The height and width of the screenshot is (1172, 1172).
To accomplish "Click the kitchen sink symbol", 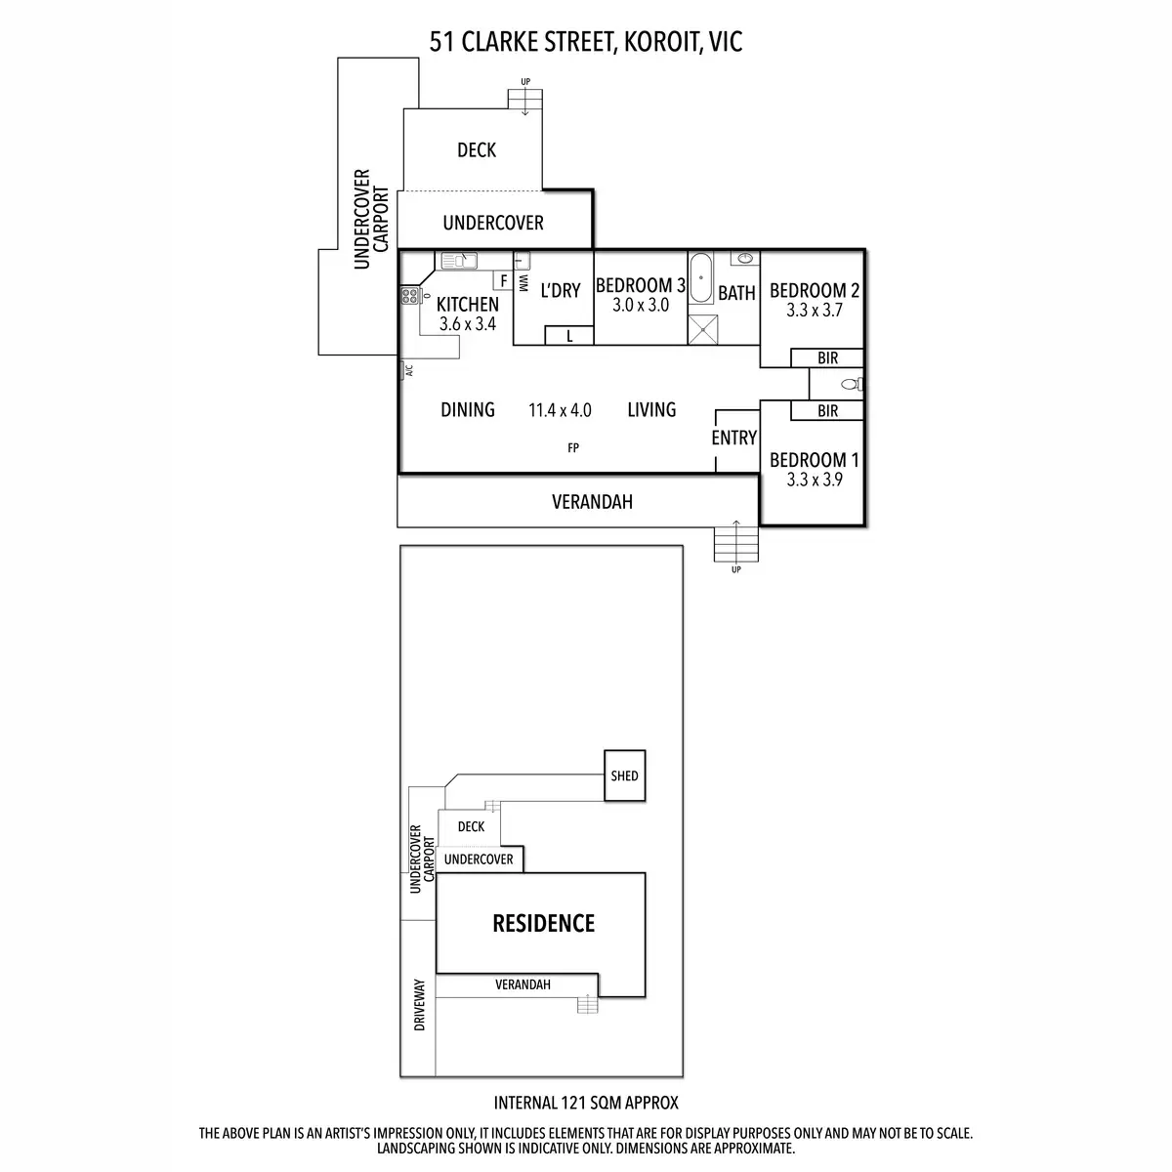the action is (x=457, y=260).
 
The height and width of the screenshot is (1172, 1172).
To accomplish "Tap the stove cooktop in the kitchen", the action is (x=408, y=297).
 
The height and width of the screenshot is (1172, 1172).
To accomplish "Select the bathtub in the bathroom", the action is (x=701, y=279).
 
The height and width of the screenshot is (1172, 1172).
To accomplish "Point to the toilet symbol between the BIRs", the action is (x=850, y=384).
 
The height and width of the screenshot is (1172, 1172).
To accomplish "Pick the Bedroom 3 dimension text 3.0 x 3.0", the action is (x=640, y=305).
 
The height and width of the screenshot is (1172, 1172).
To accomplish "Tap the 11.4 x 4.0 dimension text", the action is (x=560, y=410).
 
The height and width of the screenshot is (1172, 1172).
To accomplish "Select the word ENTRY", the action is (x=733, y=439).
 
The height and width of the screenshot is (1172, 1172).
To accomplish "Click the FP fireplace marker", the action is (x=572, y=448).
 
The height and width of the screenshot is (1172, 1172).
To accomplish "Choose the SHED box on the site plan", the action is (x=624, y=775).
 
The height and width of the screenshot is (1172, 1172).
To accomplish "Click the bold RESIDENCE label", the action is (x=543, y=923).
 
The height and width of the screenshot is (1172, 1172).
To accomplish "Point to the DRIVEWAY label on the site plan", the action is (x=420, y=1006).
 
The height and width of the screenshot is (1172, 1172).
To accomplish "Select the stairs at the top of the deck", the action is (x=524, y=99).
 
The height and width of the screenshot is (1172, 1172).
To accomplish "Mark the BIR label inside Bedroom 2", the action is (x=827, y=358).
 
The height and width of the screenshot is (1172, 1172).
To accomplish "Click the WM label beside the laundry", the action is (x=523, y=282).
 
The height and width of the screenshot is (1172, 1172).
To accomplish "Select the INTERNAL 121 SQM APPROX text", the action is (x=586, y=1104).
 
